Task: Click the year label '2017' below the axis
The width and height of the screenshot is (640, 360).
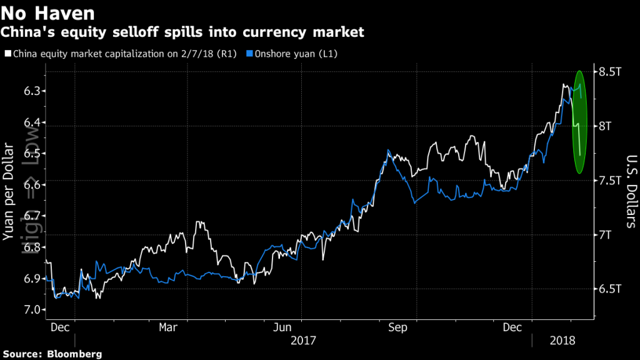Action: pos(304,341)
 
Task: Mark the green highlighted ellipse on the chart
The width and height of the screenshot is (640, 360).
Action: pos(579,122)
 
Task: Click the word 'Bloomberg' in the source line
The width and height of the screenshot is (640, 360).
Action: pos(76,354)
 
